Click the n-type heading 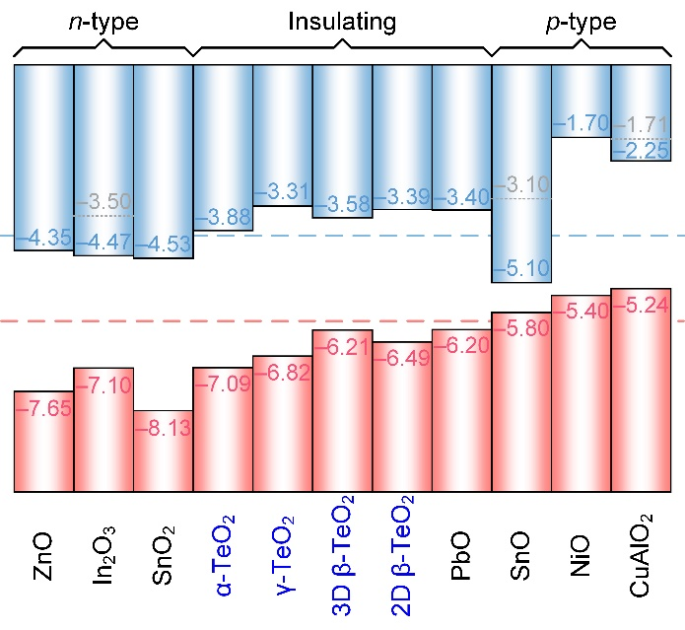pos(103,21)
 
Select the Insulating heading pos(341,21)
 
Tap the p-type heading pos(581,21)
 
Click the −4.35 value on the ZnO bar pos(43,237)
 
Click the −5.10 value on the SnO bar pos(521,267)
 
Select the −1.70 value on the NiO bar pos(581,124)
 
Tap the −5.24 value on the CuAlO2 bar pos(641,305)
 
